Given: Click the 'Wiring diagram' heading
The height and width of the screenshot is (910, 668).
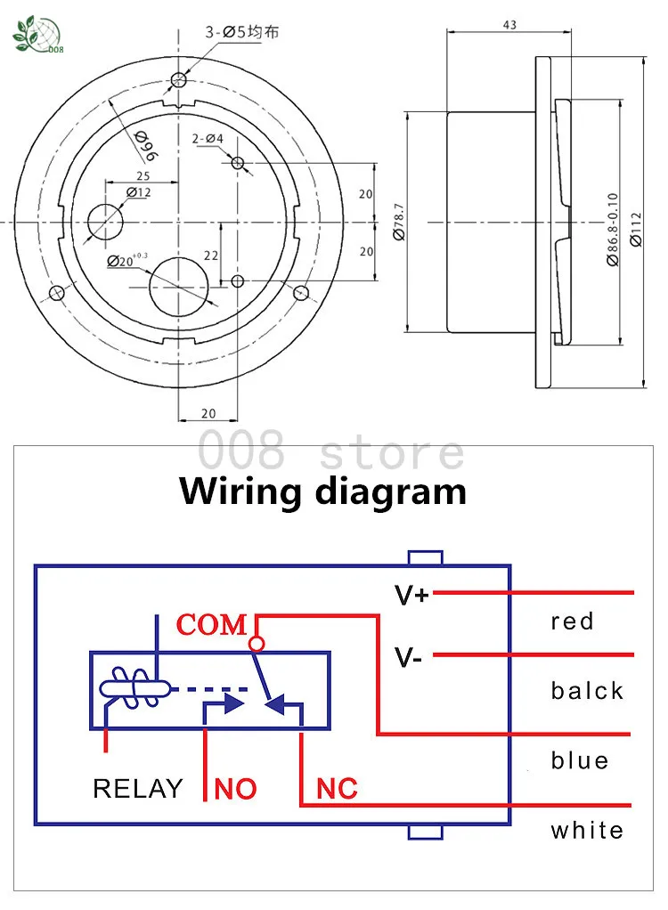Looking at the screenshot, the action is click(322, 492).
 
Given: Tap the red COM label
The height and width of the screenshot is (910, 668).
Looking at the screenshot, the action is click(212, 625).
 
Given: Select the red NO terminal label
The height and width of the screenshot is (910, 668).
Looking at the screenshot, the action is click(236, 789).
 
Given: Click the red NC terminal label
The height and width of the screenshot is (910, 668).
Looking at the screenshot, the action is click(338, 789).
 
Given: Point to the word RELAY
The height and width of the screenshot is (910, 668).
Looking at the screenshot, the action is click(138, 789).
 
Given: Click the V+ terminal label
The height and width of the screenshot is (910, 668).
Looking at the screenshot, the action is click(411, 595).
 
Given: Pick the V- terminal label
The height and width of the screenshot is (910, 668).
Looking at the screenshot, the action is click(408, 657).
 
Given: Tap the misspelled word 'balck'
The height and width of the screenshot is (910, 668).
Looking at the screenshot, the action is click(587, 691).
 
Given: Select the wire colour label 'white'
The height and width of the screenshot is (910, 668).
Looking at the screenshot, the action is click(587, 830).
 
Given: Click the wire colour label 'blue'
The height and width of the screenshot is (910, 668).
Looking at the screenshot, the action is click(580, 760).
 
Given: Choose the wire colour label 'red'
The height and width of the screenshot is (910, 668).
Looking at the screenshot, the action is click(572, 622).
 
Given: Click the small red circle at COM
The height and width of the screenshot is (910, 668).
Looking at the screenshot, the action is click(257, 644).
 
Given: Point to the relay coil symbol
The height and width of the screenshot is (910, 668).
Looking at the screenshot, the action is click(134, 688).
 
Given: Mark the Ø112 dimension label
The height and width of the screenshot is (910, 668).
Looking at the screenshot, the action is click(636, 230).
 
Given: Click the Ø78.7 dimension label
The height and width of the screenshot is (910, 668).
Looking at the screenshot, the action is click(399, 222).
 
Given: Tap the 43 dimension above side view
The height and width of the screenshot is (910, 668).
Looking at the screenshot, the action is click(509, 24).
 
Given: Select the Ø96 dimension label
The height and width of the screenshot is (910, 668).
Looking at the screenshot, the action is click(146, 146).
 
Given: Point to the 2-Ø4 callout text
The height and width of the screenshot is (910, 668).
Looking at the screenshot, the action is click(208, 139).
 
